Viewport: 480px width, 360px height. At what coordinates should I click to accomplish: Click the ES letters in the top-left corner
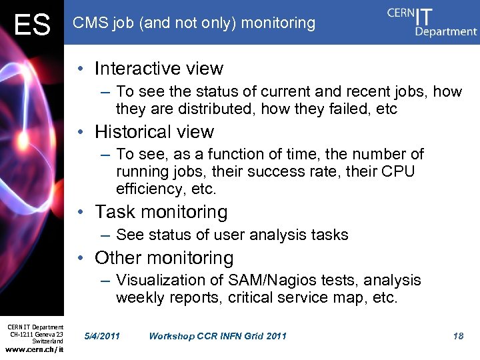coord(32,25)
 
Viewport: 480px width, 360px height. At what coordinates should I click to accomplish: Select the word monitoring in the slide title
coord(278,23)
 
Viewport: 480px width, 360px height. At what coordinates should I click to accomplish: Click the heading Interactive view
coord(159,69)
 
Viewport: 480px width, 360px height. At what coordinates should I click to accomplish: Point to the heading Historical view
coord(154,132)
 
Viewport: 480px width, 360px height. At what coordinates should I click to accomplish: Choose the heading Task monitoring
coord(161,212)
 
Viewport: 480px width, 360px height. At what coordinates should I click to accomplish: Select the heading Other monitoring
coord(164,258)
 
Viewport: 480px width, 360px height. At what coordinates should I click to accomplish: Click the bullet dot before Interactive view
coord(80,69)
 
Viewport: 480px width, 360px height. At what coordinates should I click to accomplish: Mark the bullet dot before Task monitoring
coord(80,213)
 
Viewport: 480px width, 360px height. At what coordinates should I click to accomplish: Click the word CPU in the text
coord(398,172)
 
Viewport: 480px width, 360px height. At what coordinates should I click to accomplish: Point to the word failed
coord(341,109)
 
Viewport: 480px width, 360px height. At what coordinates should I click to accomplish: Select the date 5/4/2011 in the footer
coord(102,336)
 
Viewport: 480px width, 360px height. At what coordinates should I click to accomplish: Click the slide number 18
coord(458,336)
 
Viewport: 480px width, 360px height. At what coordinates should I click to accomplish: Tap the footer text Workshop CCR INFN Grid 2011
coord(217,336)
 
